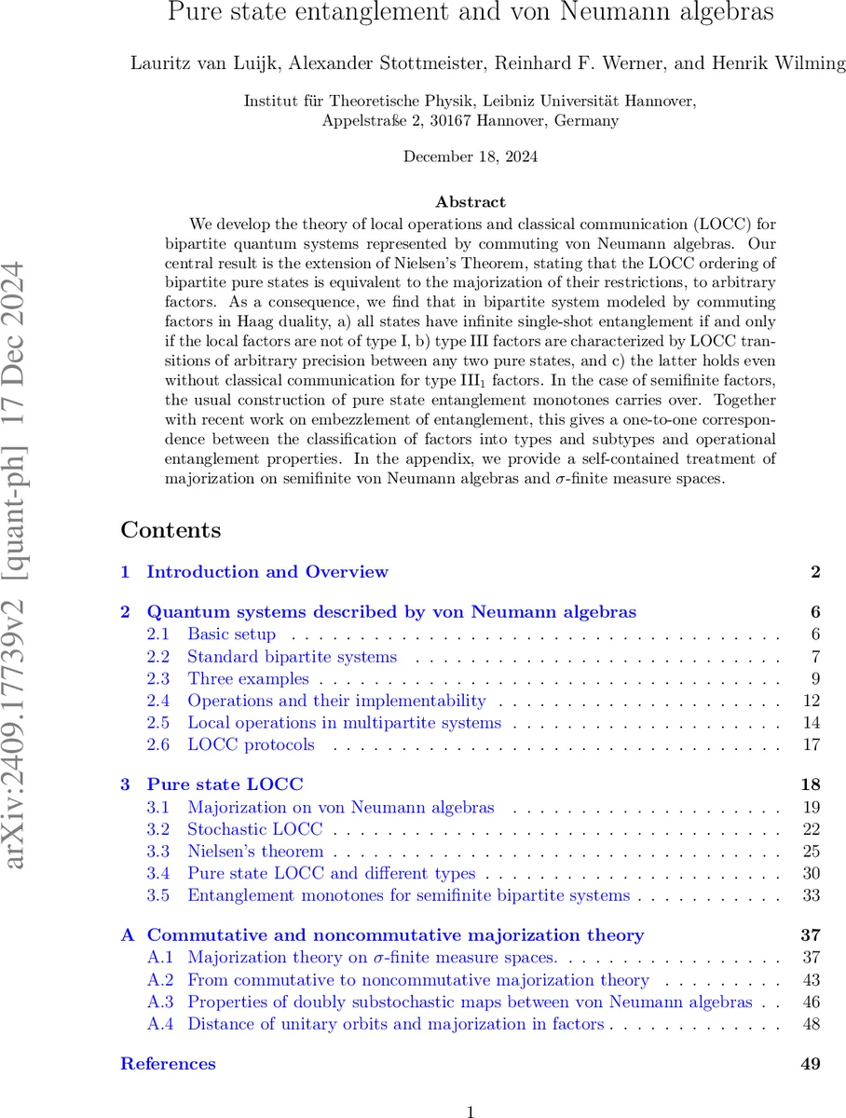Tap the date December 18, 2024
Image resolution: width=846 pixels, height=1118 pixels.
pos(470,157)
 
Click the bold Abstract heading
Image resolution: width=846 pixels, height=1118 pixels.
pos(470,201)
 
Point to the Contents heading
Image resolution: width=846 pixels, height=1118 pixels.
pos(171,530)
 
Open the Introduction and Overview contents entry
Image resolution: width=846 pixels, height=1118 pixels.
pos(266,572)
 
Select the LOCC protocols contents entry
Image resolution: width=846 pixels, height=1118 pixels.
pos(251,744)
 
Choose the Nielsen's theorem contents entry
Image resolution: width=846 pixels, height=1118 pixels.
pos(255,851)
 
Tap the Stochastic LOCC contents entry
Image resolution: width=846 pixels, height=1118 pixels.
pos(254,829)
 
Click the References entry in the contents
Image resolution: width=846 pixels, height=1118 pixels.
pos(168,1063)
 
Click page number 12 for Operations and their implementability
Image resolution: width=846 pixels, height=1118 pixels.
pos(811,701)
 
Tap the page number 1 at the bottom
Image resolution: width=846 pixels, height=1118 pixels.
pos(471,1111)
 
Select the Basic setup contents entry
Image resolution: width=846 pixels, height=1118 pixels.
pos(231,634)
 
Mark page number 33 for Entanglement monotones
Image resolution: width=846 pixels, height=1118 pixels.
pos(811,895)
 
